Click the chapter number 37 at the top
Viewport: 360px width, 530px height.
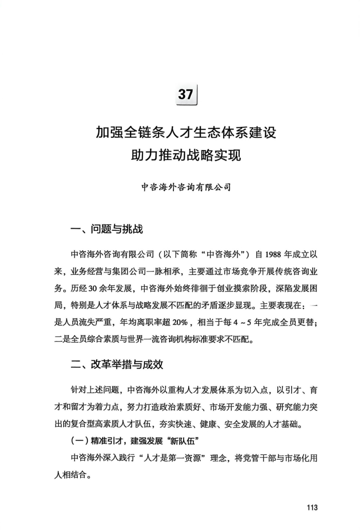click(185, 94)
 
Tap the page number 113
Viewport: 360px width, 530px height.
click(312, 508)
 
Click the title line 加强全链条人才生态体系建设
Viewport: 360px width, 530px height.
click(186, 133)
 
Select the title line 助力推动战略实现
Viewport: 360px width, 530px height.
click(186, 155)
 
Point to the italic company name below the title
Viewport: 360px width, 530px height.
click(186, 187)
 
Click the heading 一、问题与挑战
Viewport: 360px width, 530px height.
click(106, 229)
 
